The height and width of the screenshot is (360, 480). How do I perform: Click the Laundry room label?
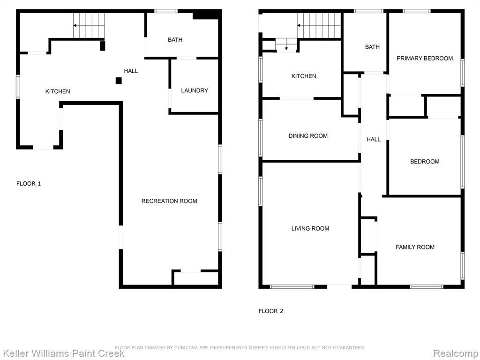[x=195, y=90]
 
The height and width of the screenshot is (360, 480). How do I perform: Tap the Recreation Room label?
[x=169, y=201]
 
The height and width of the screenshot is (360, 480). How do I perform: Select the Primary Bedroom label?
[x=425, y=58]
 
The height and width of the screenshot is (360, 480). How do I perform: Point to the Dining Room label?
[x=308, y=135]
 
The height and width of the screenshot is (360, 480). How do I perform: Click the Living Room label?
[x=310, y=228]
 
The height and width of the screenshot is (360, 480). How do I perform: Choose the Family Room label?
[x=415, y=247]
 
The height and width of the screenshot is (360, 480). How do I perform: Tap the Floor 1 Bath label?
[x=175, y=39]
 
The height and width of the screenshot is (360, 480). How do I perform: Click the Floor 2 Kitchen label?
[x=304, y=76]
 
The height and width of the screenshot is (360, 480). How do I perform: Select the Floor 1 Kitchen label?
[x=58, y=91]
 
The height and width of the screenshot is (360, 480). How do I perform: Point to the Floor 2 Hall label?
[x=374, y=139]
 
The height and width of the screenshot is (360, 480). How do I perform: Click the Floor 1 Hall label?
[x=131, y=71]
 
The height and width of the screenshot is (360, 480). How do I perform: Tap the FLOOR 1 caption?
[x=29, y=184]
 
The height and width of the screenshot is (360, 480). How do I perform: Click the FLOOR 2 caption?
[x=271, y=311]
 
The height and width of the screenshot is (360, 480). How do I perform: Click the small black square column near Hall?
[x=119, y=81]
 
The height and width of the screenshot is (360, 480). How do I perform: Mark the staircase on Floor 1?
[x=89, y=25]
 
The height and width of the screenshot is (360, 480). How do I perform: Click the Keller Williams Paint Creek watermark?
[x=62, y=353]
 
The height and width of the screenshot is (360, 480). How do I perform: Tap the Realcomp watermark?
[x=456, y=353]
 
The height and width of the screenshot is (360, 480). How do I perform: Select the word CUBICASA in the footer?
[x=186, y=347]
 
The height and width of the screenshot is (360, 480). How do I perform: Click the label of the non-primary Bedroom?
[x=425, y=161]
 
